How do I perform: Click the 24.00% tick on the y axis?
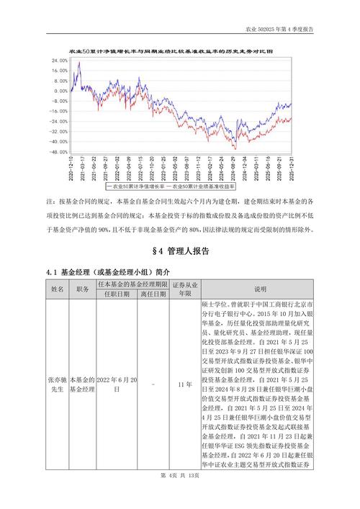pyautogui.click(x=60, y=61)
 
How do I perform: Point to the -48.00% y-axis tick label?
pyautogui.click(x=59, y=152)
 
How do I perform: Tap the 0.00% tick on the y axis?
pyautogui.click(x=61, y=91)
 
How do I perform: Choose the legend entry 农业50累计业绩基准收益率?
pyautogui.click(x=212, y=186)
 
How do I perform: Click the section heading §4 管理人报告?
pyautogui.click(x=179, y=251)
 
